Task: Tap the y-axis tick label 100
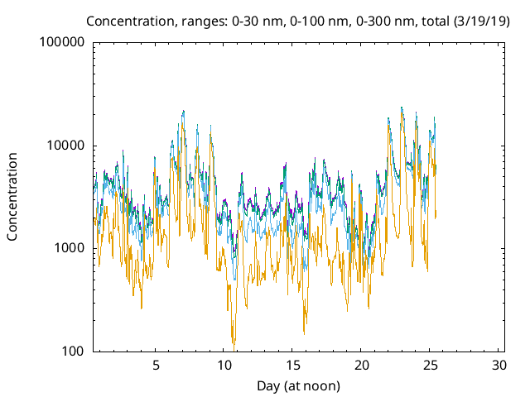point(73,351)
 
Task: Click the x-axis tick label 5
point(156,365)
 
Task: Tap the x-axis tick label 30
point(499,365)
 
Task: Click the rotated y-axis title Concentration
point(12,196)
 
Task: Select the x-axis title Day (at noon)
point(298,385)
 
